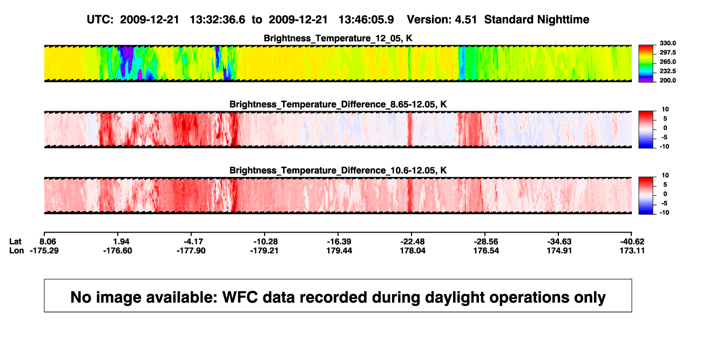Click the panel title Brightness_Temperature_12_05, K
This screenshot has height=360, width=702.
(338, 38)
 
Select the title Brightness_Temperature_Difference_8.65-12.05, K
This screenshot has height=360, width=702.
(338, 104)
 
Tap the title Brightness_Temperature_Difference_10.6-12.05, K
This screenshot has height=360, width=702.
(338, 171)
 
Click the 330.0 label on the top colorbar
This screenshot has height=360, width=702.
(667, 43)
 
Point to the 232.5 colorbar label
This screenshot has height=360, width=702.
(667, 71)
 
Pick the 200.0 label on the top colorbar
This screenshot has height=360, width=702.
(667, 80)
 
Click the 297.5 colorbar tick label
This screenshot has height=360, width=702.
(667, 52)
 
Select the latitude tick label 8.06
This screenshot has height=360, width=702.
(48, 242)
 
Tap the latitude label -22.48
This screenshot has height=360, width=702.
(413, 242)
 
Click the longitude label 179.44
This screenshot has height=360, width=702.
(339, 250)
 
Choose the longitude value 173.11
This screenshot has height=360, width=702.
(632, 250)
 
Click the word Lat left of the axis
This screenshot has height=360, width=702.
(15, 242)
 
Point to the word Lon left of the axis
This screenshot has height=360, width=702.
(16, 250)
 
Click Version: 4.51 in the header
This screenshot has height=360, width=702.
(442, 20)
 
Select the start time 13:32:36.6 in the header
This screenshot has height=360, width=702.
(218, 20)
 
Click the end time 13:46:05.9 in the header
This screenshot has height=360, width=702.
(366, 20)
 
